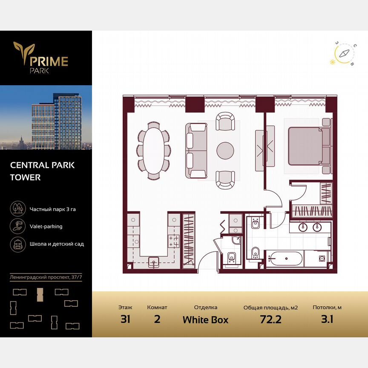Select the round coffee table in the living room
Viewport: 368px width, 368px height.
(x=225, y=150)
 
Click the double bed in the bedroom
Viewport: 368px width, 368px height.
(x=305, y=146)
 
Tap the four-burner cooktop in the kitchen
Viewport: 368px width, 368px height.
(x=174, y=241)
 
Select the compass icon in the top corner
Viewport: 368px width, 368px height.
(x=344, y=54)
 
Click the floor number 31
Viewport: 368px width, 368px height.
(x=125, y=319)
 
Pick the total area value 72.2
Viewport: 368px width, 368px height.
(x=270, y=319)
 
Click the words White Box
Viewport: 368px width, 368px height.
(x=205, y=319)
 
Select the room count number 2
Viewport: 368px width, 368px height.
(x=157, y=319)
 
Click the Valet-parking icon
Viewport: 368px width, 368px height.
(x=17, y=226)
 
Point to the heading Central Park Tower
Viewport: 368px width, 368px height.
(x=42, y=171)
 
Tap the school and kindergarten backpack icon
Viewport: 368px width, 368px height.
(x=17, y=244)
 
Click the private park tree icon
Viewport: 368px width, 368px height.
(x=17, y=209)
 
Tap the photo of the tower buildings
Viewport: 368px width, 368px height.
(x=46, y=118)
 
